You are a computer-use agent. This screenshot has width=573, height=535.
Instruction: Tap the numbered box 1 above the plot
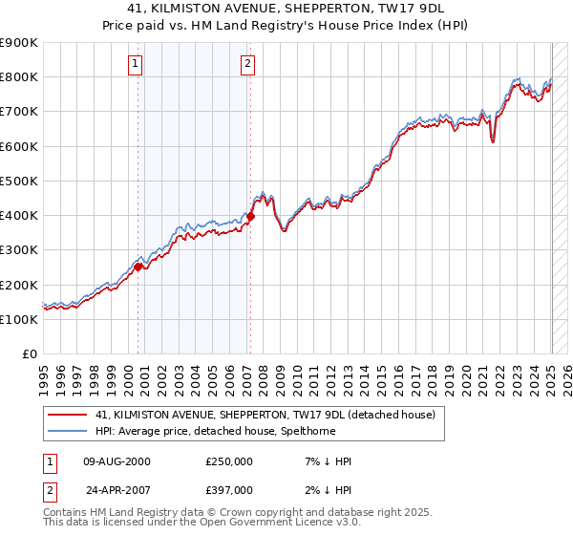(135, 65)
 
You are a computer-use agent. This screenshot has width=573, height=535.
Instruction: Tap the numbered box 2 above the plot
(247, 65)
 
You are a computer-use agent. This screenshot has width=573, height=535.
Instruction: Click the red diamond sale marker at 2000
(138, 267)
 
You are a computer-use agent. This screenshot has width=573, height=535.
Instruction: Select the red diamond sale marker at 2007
(250, 217)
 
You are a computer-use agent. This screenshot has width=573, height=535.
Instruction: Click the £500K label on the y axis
(21, 181)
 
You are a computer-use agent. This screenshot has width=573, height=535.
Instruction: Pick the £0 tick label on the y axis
(29, 354)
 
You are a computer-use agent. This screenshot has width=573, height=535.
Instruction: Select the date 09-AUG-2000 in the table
(117, 461)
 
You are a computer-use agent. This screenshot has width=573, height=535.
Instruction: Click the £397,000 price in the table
(229, 490)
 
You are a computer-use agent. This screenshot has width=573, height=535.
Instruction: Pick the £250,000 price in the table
(229, 461)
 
